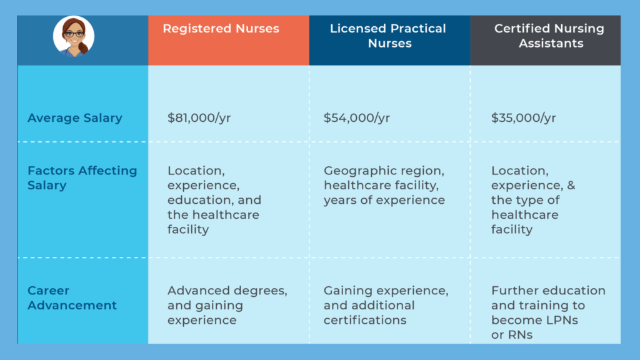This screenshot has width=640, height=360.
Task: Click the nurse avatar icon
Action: [74, 36]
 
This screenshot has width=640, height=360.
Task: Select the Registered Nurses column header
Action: [221, 29]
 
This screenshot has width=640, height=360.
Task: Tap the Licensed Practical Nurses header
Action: [388, 36]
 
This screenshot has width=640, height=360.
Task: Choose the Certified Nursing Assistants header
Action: [549, 36]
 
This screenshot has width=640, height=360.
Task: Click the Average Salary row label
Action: [74, 118]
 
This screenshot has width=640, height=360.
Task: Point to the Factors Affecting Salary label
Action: [82, 178]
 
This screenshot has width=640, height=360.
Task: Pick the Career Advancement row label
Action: [72, 298]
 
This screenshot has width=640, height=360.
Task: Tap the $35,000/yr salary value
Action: [523, 118]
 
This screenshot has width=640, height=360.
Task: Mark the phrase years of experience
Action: [384, 201]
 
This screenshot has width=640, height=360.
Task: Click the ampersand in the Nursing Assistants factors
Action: [570, 186]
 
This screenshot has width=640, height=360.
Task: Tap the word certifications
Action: [365, 321]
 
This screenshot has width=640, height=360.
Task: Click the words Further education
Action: [548, 291]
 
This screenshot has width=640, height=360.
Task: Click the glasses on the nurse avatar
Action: [74, 34]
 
